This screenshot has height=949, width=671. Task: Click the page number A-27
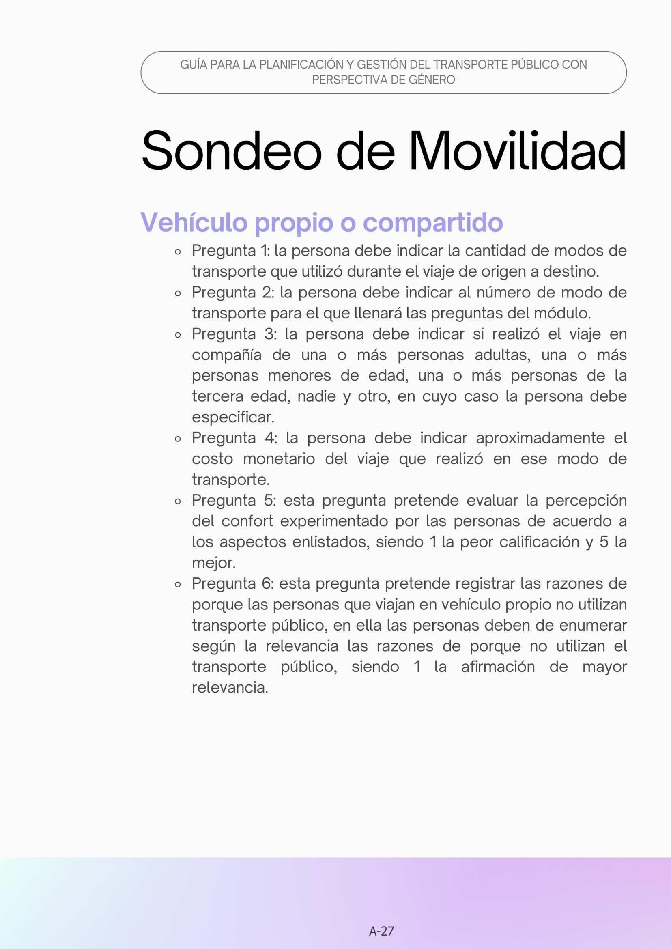click(x=381, y=931)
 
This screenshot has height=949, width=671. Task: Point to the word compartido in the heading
click(x=432, y=223)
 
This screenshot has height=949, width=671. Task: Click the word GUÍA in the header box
click(x=194, y=65)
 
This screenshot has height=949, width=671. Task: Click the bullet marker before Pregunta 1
click(x=178, y=252)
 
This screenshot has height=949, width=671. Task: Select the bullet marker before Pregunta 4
click(x=178, y=439)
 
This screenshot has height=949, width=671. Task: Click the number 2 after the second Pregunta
click(x=267, y=293)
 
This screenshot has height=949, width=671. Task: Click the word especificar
click(x=232, y=417)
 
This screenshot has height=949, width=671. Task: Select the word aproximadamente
click(x=540, y=438)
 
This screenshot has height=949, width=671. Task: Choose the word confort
click(x=247, y=521)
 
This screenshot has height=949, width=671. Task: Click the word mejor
click(x=213, y=563)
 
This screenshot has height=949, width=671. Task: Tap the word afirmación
click(x=498, y=667)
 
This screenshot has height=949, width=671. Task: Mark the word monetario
click(x=279, y=459)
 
